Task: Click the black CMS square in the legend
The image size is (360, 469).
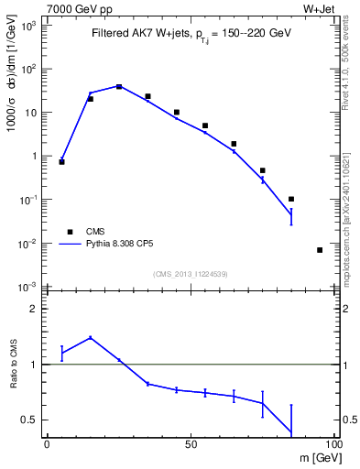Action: coord(70,232)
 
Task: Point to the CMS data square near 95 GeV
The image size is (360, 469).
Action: coord(320,250)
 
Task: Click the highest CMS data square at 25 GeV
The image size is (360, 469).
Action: coord(119,86)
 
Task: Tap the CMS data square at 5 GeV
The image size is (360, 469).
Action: coord(61,161)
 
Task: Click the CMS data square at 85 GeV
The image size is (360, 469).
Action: coord(291,199)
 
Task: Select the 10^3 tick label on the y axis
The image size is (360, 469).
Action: coord(29,25)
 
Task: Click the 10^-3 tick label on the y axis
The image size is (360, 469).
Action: coord(27,287)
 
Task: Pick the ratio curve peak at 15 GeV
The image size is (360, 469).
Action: coord(90,337)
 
